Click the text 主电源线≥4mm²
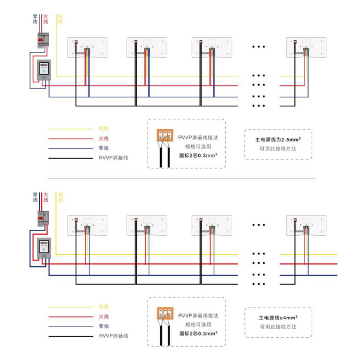point(278,317)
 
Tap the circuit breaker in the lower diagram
point(43,219)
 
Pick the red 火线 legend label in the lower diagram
point(103,316)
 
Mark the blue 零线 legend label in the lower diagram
point(103,326)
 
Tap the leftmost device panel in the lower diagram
point(87,225)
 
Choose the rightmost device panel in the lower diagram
point(306,225)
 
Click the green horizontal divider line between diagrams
point(179,179)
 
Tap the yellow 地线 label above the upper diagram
point(59,19)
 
